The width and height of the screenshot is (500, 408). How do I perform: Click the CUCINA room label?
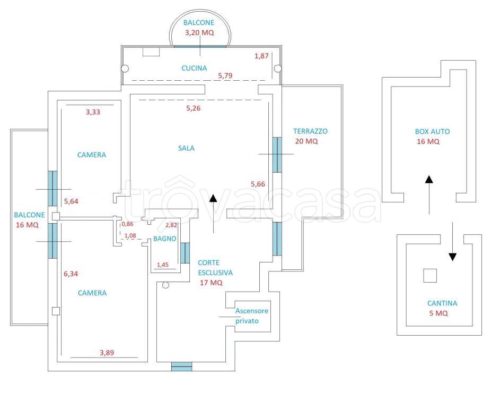pos(194,68)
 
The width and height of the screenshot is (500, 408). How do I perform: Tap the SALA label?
pos(186,148)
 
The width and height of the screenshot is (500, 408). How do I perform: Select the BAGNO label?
pos(164,239)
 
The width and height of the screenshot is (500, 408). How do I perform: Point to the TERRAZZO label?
pos(310,131)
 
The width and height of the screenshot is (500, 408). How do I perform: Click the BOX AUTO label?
pos(432,131)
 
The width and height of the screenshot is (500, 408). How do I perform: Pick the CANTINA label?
pos(442,303)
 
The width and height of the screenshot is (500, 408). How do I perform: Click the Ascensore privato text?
pos(252,316)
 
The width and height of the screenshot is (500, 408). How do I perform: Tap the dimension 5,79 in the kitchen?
pos(225,76)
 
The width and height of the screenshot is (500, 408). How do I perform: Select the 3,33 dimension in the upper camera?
pos(93,112)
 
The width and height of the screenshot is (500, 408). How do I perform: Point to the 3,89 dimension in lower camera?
pos(107,353)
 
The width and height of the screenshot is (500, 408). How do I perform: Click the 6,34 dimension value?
pos(71,274)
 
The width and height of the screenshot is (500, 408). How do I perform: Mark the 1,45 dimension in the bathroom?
pos(163,265)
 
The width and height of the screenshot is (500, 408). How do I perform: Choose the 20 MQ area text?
pos(306,141)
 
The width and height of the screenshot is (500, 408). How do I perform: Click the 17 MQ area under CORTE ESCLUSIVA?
pos(211,283)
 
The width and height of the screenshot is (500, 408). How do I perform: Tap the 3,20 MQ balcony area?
pos(199,32)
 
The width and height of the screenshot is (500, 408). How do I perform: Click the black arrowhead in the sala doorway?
pos(213,198)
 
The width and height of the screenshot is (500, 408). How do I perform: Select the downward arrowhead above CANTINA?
pos(452,257)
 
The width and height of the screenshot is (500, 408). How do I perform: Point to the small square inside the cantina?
pos(430,276)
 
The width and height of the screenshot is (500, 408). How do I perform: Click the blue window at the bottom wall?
pos(182,367)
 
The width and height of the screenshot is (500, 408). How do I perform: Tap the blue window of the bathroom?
pos(185,253)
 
